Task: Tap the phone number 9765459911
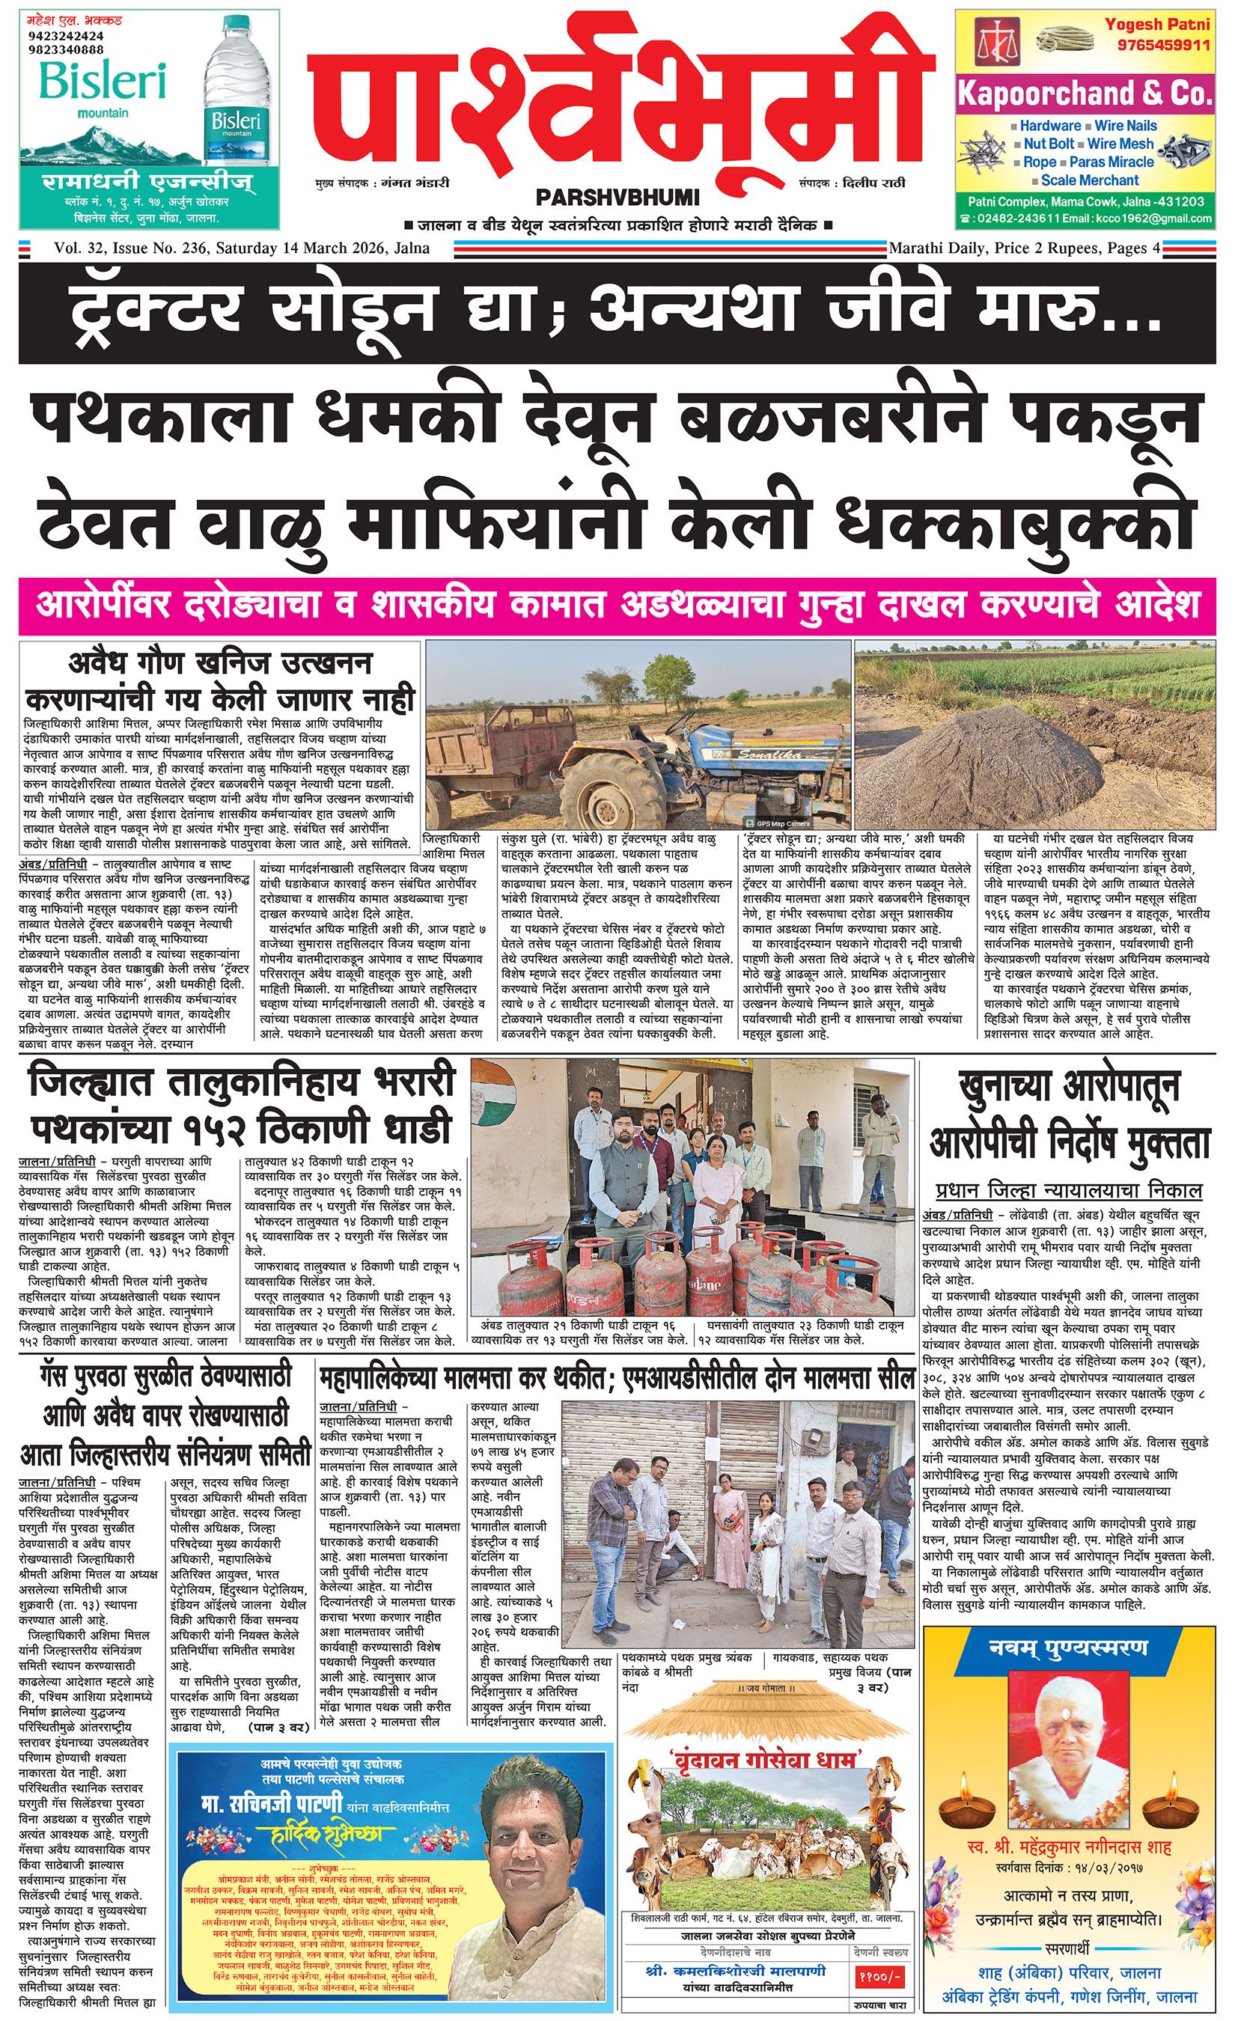tap(1157, 43)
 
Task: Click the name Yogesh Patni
tap(1157, 24)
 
